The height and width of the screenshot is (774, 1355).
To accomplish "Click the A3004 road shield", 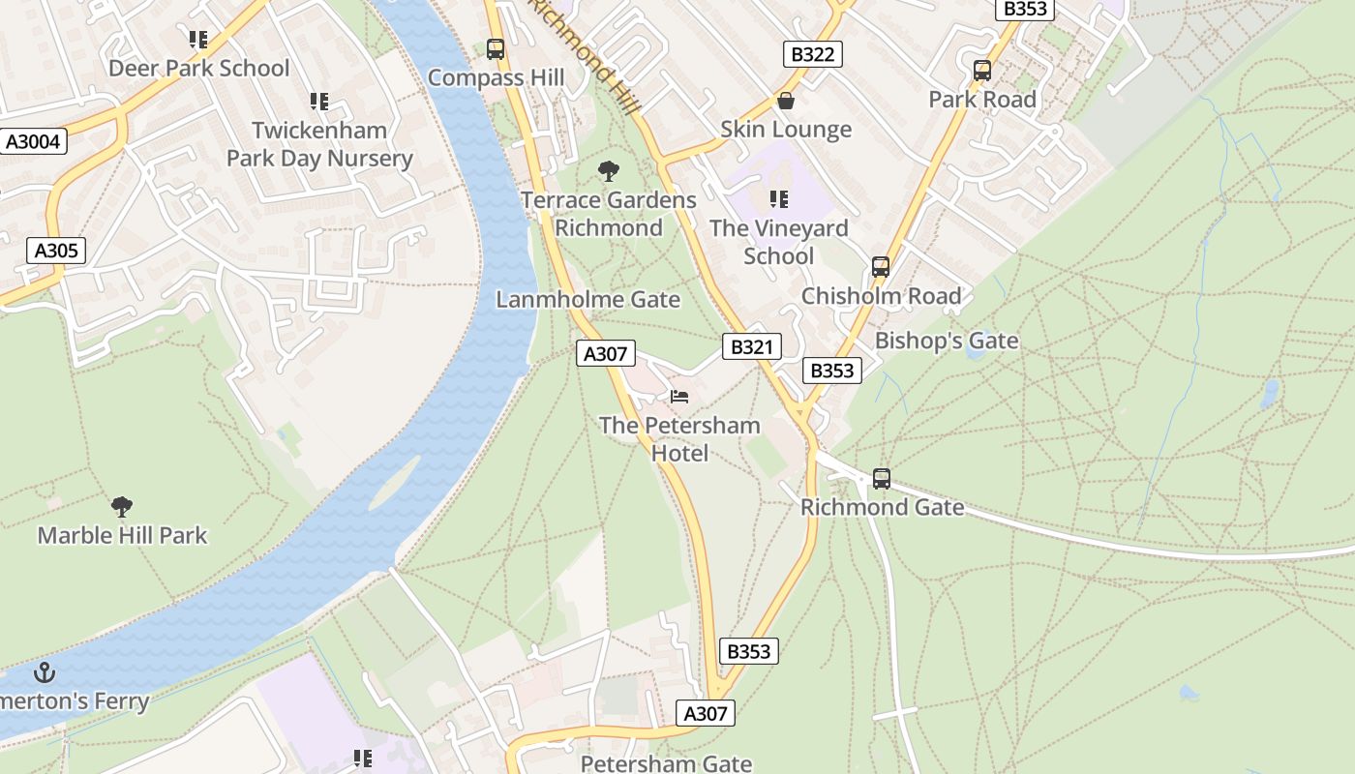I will coord(33,142).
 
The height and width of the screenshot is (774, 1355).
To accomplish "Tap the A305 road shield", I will coord(56,251).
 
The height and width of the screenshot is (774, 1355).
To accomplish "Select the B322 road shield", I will coord(812,54).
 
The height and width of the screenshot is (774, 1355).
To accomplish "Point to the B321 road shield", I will coord(750,347).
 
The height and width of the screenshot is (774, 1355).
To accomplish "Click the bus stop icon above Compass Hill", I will coord(496,48).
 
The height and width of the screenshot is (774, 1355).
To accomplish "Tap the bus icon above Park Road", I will coord(982,70).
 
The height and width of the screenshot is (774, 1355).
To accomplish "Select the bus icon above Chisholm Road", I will coord(881,267).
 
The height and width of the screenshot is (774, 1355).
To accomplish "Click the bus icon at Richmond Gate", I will coord(882,478).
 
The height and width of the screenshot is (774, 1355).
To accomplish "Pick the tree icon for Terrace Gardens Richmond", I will coord(609,172).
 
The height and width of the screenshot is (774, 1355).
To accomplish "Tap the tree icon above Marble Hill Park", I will coord(122,506).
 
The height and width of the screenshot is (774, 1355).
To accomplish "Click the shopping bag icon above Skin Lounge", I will coord(786,101).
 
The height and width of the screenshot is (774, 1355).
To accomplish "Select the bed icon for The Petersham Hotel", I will coord(679,397).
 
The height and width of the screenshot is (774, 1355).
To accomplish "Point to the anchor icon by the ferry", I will coord(45,672).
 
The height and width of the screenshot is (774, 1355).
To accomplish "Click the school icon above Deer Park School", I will coord(198,40).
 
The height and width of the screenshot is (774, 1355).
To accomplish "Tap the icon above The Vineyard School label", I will coord(779,199).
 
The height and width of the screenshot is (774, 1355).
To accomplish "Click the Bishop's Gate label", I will coord(947,341).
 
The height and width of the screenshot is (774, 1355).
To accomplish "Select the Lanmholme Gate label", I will coord(587,300).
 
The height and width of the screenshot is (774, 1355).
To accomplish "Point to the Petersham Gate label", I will coord(666,763).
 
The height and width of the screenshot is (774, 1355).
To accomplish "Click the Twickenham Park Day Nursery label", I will coord(319,144).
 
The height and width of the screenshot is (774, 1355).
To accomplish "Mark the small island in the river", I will coord(394,482).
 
